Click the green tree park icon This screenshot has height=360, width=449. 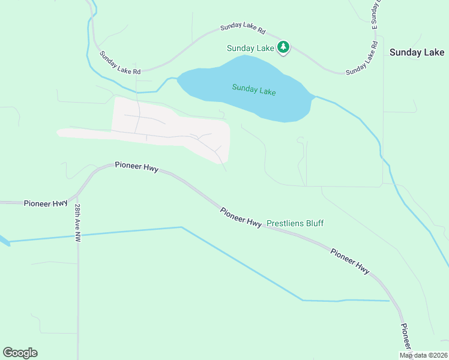click(x=283, y=47)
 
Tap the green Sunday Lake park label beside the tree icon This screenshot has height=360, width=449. click(x=250, y=48)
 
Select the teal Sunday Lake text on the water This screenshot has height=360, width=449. click(x=254, y=90)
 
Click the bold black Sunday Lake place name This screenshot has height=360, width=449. click(x=417, y=53)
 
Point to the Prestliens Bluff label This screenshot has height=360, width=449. click(x=295, y=223)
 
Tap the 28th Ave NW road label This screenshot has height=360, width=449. click(x=77, y=223)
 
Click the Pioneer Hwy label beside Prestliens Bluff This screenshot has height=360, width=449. click(x=241, y=217)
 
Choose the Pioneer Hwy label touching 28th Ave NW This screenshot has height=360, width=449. click(x=46, y=204)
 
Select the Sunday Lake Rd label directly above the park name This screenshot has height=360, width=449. click(x=243, y=27)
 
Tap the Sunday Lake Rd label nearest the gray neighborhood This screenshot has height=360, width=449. click(x=120, y=63)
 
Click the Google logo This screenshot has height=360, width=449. click(x=20, y=353)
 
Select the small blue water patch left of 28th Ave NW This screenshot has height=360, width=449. click(x=4, y=241)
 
